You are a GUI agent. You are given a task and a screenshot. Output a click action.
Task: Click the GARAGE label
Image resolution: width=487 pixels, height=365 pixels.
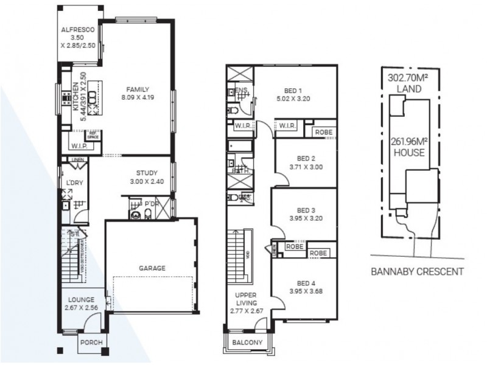coord(151,268)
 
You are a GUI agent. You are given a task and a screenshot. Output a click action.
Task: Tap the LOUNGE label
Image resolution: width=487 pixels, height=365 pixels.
coord(80,299)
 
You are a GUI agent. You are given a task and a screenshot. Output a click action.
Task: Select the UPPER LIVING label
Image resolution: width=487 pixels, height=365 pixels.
coord(247,298)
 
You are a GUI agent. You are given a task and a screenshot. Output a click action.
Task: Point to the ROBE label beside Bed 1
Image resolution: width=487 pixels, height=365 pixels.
coord(323,132)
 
